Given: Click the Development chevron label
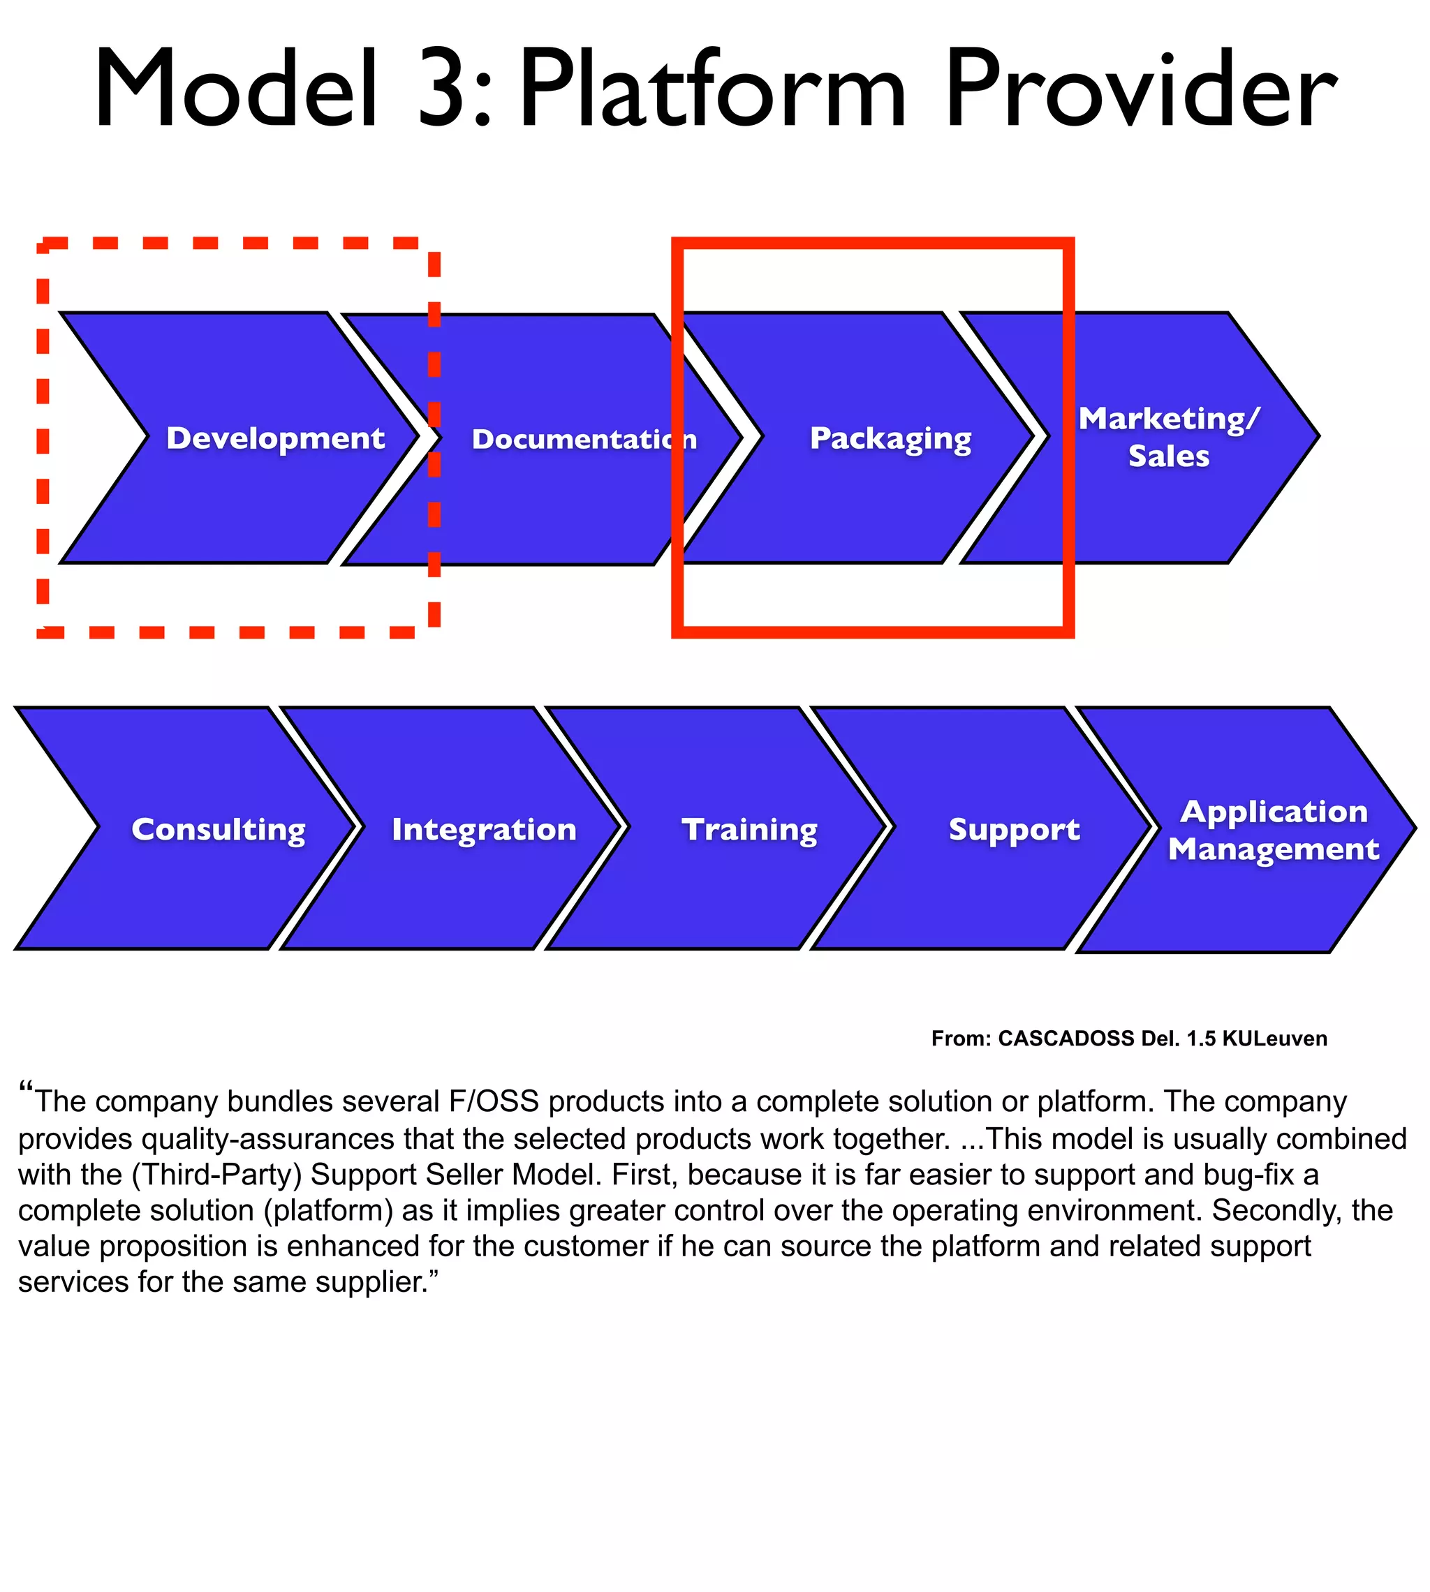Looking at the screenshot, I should (x=275, y=438).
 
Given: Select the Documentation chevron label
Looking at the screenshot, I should (x=584, y=439).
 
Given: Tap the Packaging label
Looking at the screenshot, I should (x=890, y=439).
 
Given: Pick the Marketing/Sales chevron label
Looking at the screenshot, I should (x=1168, y=438).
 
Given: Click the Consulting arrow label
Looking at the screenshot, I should (x=219, y=830).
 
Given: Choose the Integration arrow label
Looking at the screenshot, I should (x=484, y=830).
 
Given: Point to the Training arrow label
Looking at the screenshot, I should (x=750, y=830).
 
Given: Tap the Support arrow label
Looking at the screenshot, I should (x=1015, y=830).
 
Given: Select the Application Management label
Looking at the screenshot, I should (x=1274, y=830).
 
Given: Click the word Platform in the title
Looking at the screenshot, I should (x=711, y=88).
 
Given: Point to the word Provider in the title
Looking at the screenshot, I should (x=1140, y=88).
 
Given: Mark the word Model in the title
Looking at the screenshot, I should (x=236, y=88).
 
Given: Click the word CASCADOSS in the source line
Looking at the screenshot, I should (x=1066, y=1039).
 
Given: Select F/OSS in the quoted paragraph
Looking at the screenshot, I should (x=494, y=1102).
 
